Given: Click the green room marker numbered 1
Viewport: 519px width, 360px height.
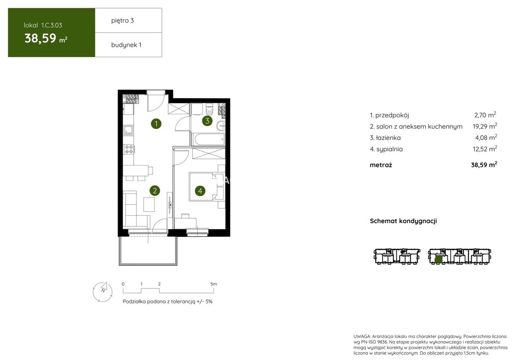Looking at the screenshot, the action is pos(156,124).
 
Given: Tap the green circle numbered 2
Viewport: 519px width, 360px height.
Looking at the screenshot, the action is pos(154,191).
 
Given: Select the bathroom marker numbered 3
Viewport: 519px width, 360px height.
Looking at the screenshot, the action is pos(207,121).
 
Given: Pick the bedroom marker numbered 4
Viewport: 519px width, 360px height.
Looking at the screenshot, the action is pos(200,191).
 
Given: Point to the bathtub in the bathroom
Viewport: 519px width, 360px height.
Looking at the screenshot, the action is pos(208,139).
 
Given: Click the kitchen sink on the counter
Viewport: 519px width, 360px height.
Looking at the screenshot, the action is pos(128,130).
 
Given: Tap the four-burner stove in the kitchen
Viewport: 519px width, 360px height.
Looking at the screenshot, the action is pos(129,149).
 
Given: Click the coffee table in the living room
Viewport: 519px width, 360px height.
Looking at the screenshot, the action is pos(149,204).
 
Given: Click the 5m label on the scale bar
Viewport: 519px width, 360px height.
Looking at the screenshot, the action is pos(213,284).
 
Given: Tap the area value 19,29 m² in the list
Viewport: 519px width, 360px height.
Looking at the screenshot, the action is pos(485,126).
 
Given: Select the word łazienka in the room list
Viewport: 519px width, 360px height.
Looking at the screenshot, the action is pos(388,138).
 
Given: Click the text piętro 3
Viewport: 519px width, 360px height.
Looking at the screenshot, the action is pos(122,21).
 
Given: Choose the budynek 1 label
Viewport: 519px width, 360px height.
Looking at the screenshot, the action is pos(126,45).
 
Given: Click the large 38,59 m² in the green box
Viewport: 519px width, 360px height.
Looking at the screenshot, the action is pos(45,38).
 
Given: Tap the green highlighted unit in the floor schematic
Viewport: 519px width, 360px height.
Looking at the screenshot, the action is pos(438,259).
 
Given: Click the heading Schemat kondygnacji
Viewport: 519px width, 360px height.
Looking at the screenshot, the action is pos(403,221).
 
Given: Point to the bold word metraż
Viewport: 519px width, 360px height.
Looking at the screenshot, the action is pos(381,165).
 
